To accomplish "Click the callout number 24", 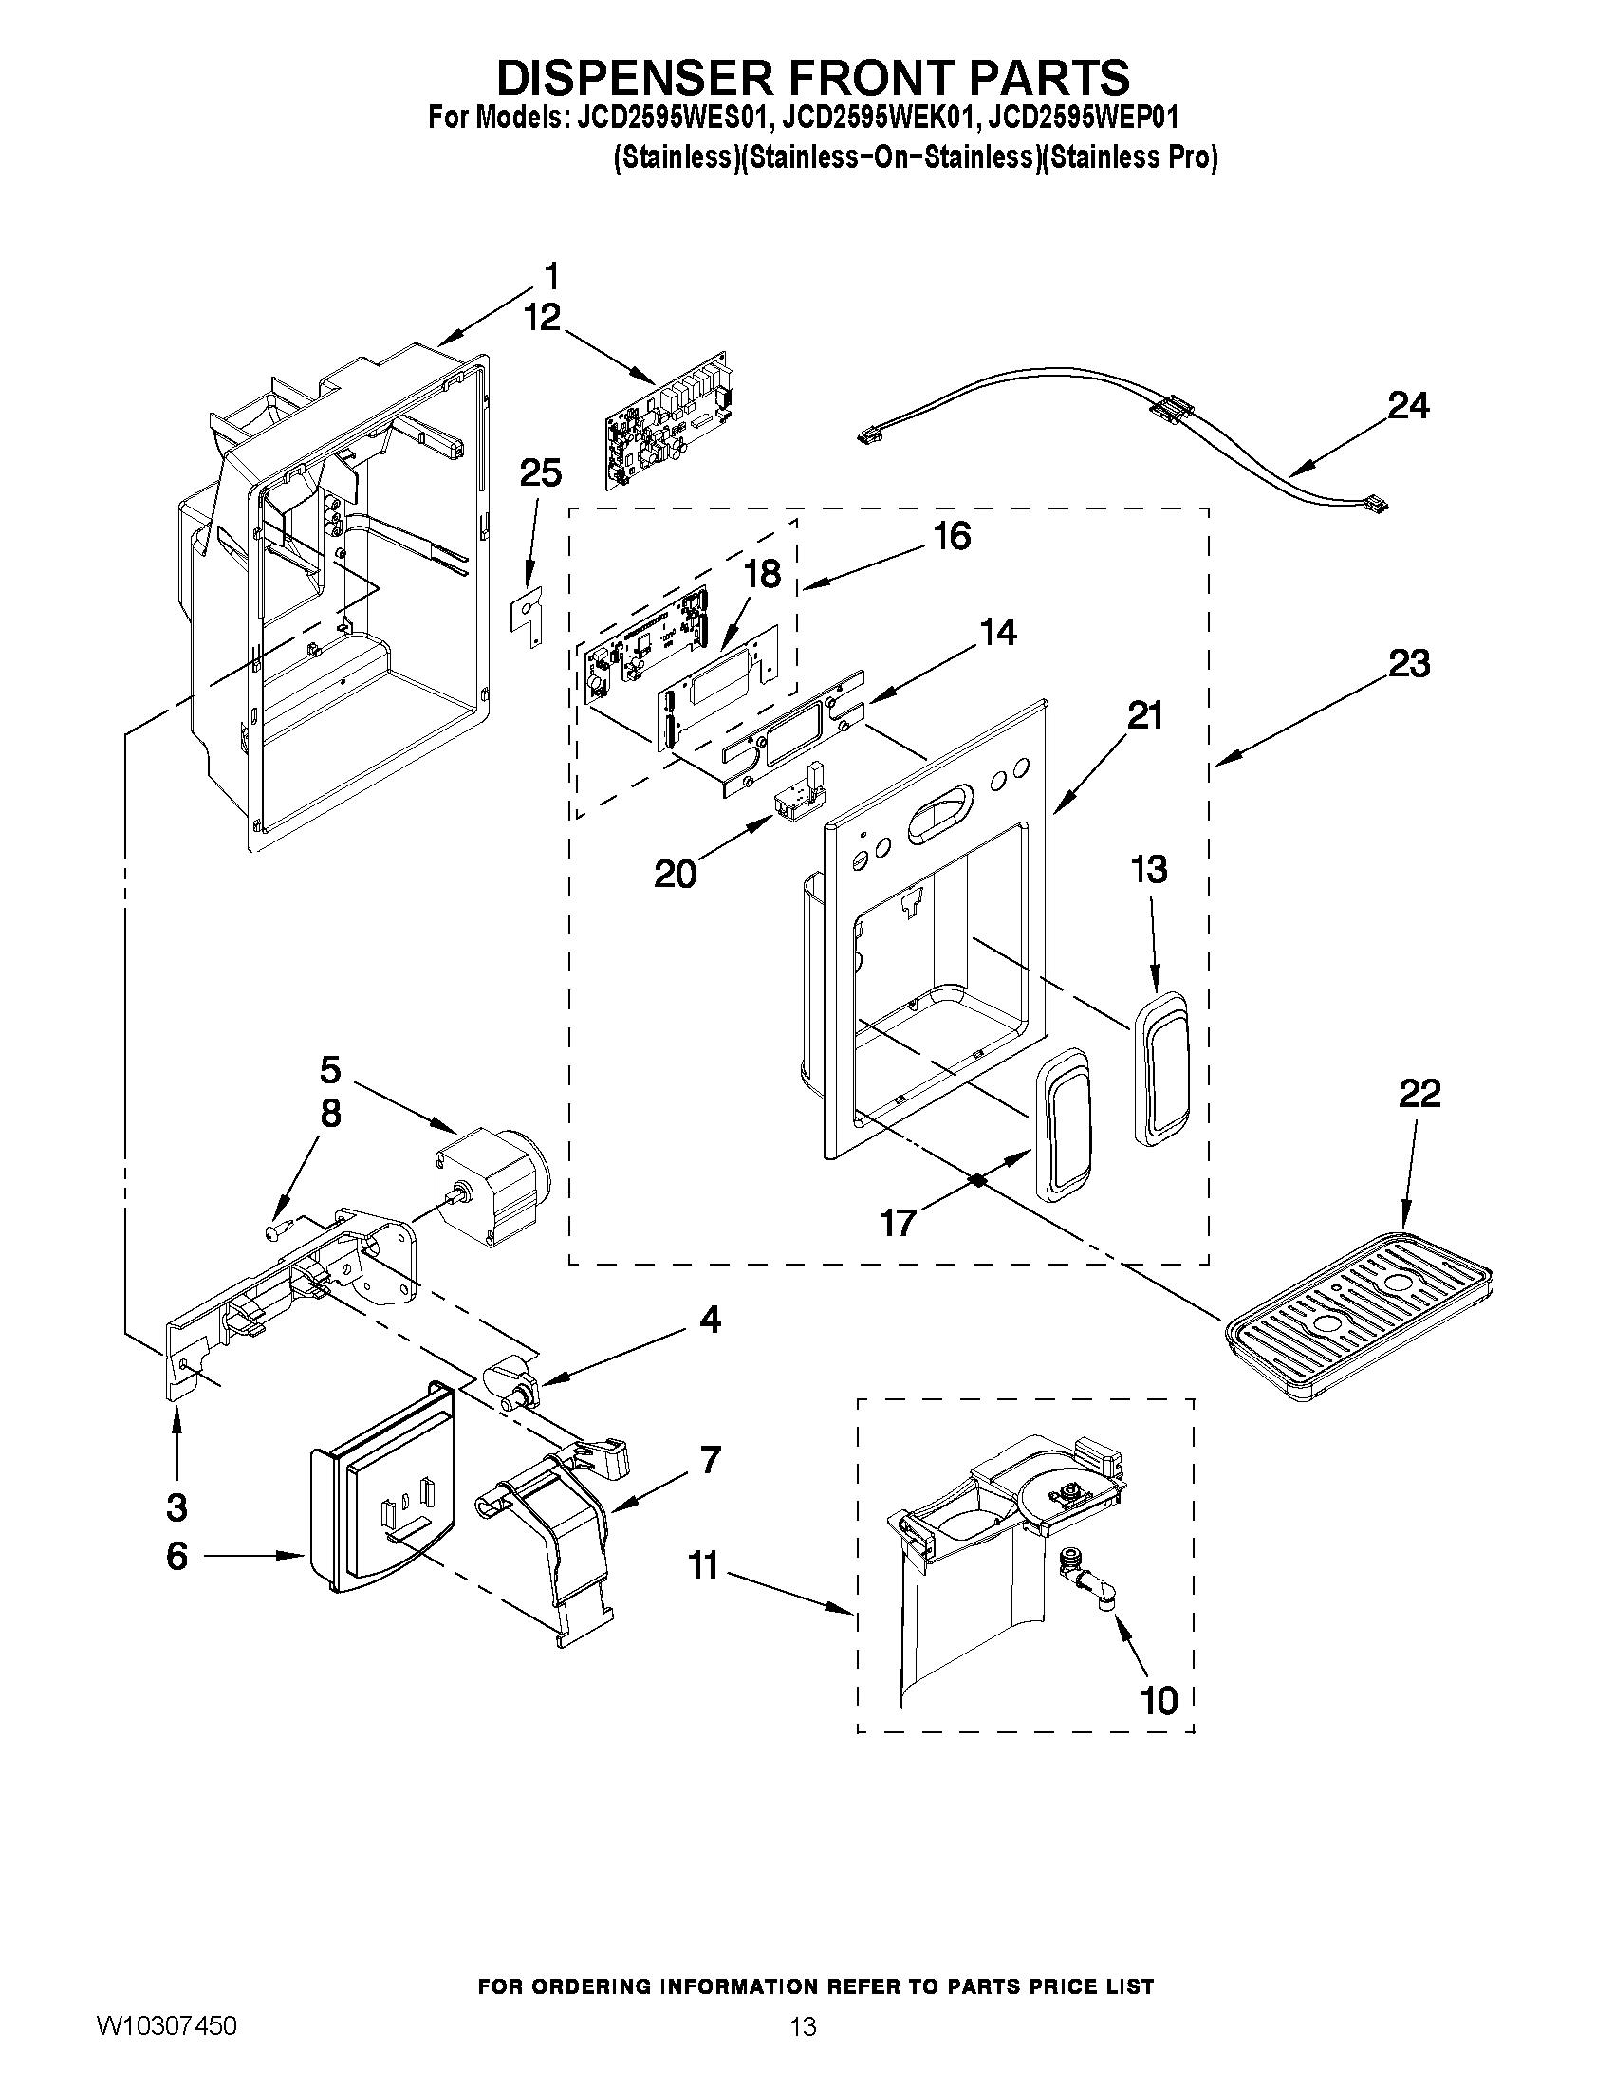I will coord(1408,406).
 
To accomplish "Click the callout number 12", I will coord(542,318).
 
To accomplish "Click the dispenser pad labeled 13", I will coord(1160,1067).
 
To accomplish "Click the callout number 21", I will coord(1145,715).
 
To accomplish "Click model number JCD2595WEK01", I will coord(879,120).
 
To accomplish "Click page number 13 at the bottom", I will coord(803,2054).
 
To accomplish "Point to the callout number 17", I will coord(898,1222).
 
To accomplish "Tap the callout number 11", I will coord(703,1566).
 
